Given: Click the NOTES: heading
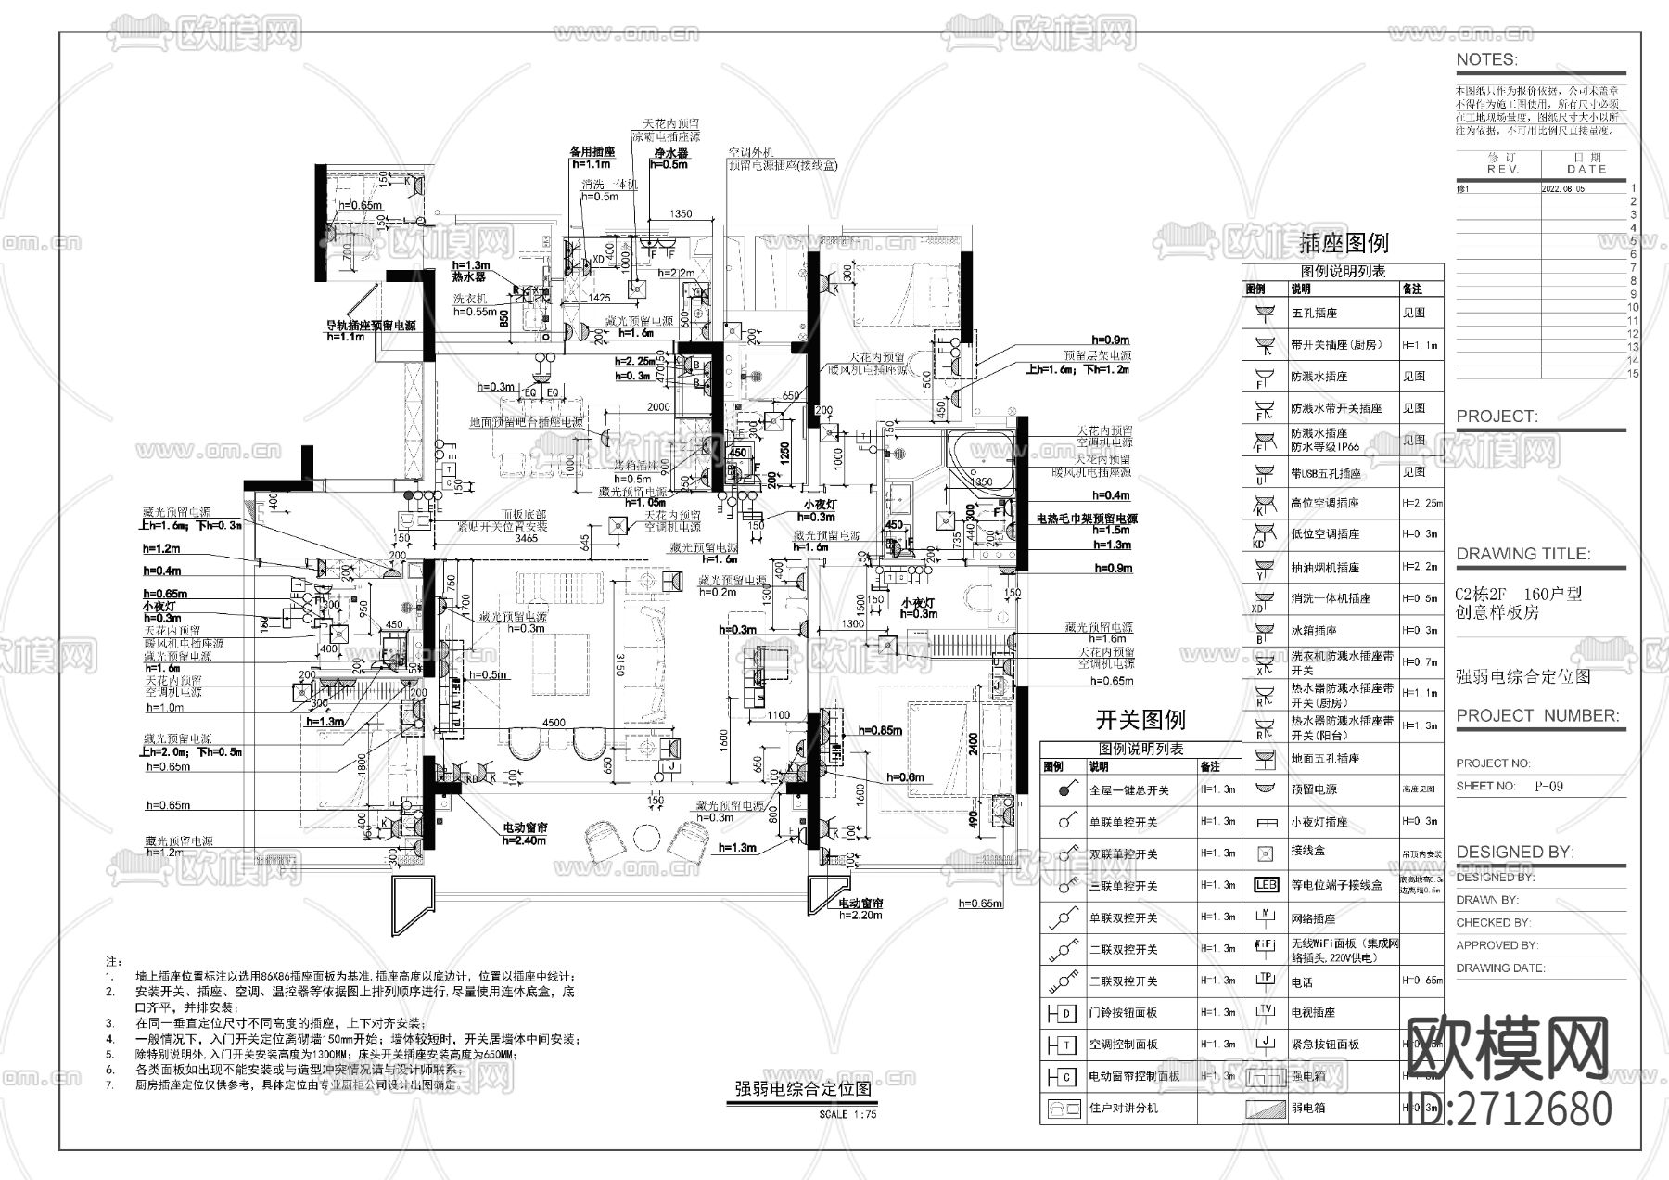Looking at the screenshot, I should pyautogui.click(x=1486, y=59).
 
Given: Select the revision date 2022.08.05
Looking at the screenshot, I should pyautogui.click(x=1563, y=187).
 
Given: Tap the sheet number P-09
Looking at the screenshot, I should pyautogui.click(x=1548, y=786).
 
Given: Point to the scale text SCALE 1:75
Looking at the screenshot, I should pyautogui.click(x=847, y=1114).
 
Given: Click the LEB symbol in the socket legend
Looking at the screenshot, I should pyautogui.click(x=1266, y=884).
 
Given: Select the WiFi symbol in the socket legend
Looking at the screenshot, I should pyautogui.click(x=1266, y=944).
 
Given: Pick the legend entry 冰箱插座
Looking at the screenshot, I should pyautogui.click(x=1314, y=630).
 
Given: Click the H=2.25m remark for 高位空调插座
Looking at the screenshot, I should pyautogui.click(x=1420, y=503).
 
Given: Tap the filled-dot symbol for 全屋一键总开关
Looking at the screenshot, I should pyautogui.click(x=1063, y=790).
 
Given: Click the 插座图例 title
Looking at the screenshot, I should pyautogui.click(x=1344, y=243).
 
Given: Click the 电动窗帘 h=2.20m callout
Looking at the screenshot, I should pyautogui.click(x=860, y=908).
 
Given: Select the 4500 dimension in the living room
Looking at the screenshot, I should pyautogui.click(x=554, y=724).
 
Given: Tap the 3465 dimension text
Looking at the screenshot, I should pyautogui.click(x=526, y=538).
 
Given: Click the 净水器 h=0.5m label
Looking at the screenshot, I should pyautogui.click(x=669, y=158).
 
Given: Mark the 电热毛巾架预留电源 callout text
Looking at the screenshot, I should pyautogui.click(x=1087, y=519).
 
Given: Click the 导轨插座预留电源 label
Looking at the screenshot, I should pyautogui.click(x=369, y=327).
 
